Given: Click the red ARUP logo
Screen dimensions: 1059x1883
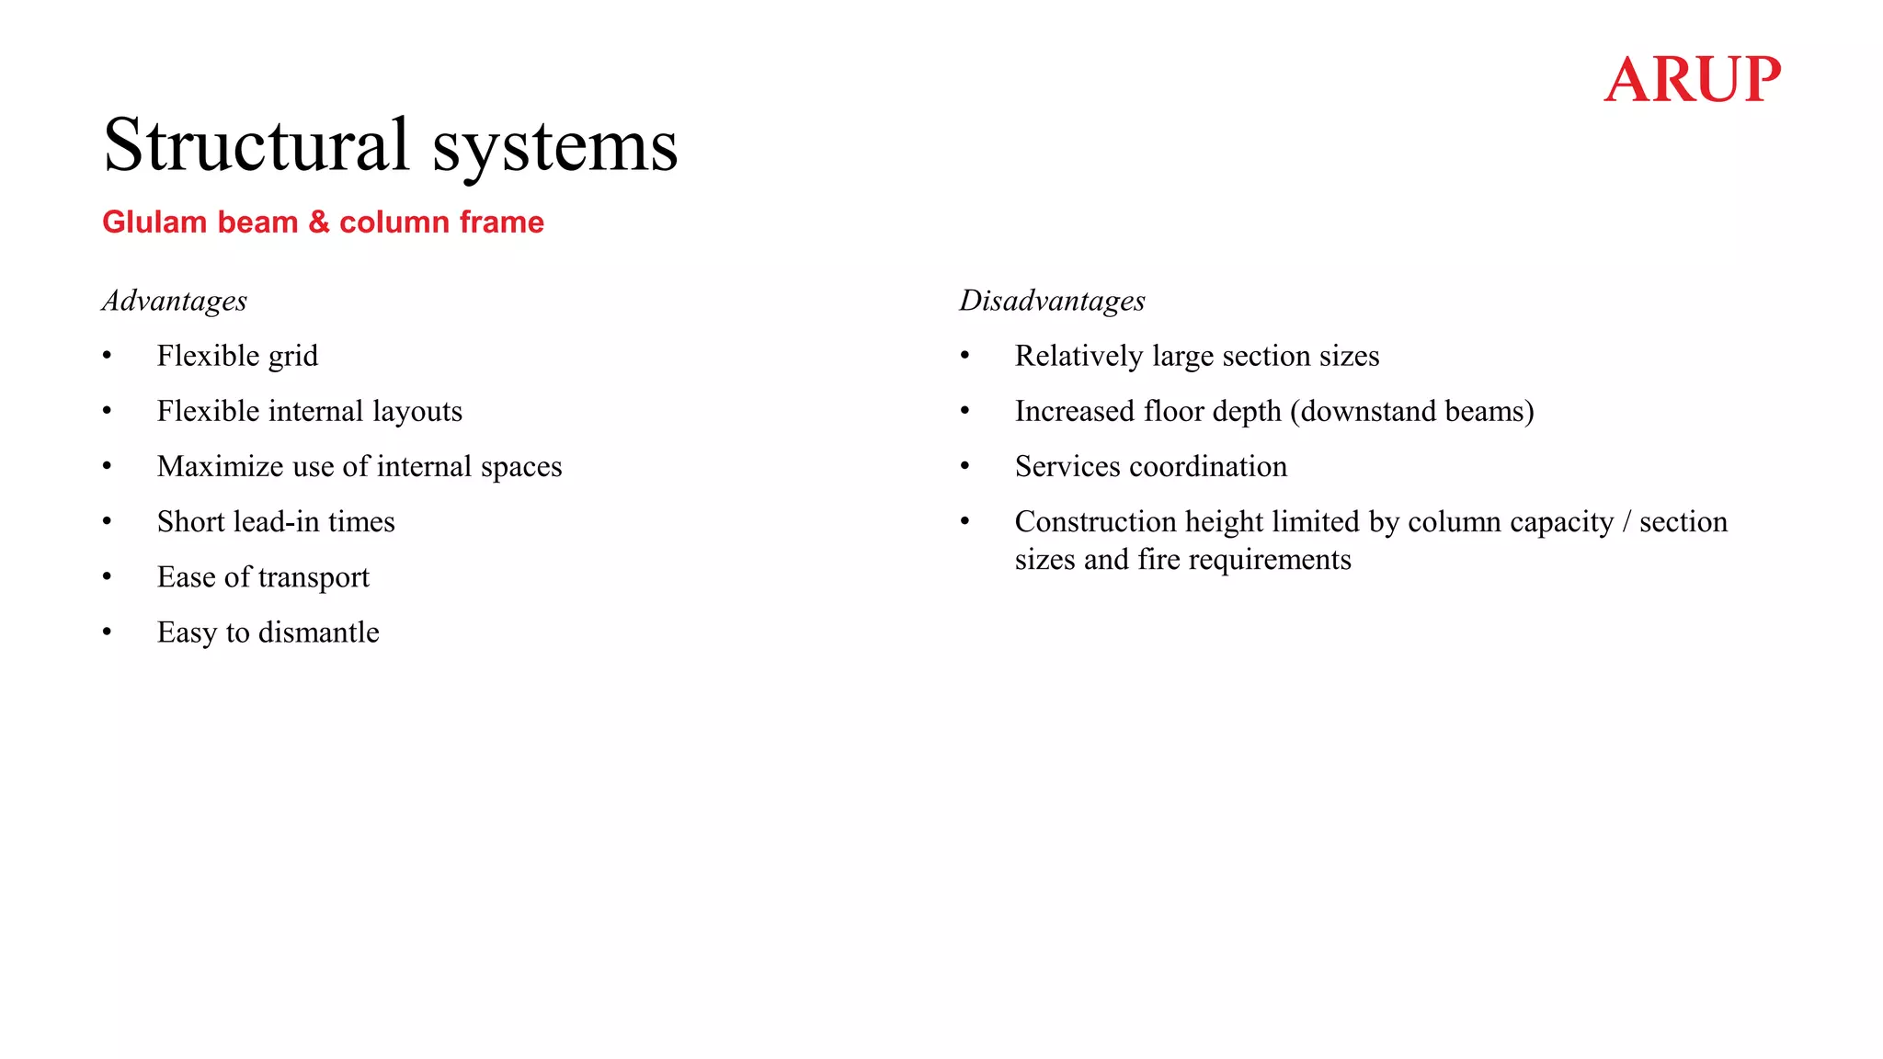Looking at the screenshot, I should (x=1692, y=79).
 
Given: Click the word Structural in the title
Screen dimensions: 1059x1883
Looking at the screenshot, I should (x=256, y=145).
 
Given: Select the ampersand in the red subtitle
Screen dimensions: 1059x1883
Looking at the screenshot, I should (x=319, y=222).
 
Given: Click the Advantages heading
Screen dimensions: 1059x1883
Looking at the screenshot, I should (x=175, y=301).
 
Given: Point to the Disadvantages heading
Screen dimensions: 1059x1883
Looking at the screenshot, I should (x=1052, y=301).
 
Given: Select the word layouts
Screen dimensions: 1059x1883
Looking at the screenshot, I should (x=417, y=411).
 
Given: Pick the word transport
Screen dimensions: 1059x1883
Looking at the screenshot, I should (x=314, y=577).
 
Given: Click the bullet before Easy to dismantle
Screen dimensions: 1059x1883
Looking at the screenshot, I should (x=108, y=632).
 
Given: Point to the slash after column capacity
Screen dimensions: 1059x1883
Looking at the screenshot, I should (x=1626, y=522).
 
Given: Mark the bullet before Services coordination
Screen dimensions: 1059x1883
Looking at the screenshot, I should (x=965, y=466).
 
